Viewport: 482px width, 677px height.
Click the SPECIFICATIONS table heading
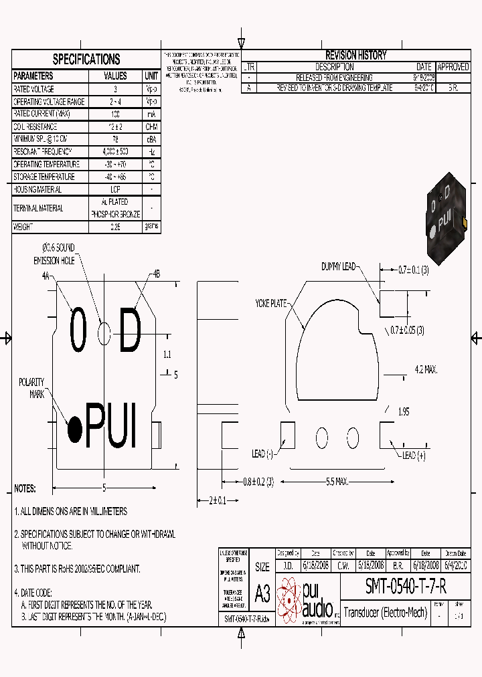[86, 59]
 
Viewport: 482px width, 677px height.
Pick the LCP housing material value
[115, 189]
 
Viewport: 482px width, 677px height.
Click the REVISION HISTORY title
[355, 56]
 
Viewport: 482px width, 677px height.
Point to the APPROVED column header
[453, 67]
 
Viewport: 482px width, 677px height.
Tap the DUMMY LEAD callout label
[338, 266]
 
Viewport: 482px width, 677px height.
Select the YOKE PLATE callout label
[270, 303]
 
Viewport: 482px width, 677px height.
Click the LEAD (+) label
[414, 456]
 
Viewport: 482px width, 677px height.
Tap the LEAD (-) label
[262, 454]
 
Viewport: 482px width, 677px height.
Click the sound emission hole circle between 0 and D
[104, 333]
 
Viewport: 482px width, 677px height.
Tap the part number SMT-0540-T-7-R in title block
[405, 587]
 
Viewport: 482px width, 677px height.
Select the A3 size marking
[262, 593]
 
